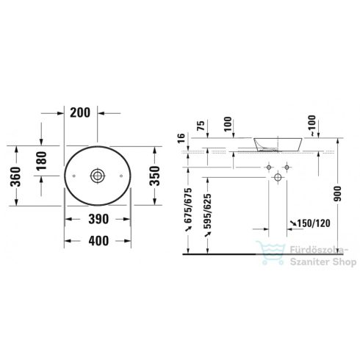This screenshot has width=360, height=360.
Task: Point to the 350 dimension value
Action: (155, 176)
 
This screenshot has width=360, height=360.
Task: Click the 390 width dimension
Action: (98, 219)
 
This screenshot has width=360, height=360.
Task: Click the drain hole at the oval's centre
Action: (97, 176)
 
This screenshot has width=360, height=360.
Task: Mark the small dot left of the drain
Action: (76, 176)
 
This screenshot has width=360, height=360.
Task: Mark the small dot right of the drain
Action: (118, 176)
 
